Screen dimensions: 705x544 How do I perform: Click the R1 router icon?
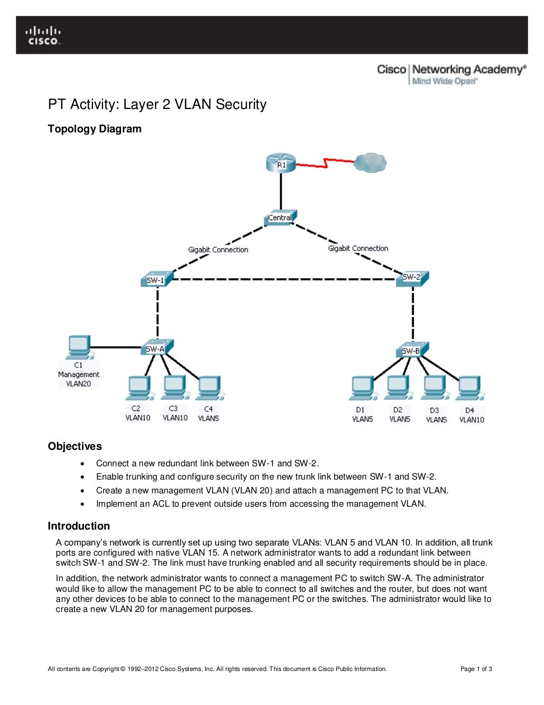coord(280,163)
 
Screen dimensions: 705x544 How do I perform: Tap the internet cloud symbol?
coord(370,163)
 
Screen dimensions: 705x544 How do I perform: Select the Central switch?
coord(280,217)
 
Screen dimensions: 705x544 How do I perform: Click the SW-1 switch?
coord(156,280)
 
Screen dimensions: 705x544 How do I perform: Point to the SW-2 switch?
coord(412,278)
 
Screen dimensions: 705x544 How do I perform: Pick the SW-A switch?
coord(156,348)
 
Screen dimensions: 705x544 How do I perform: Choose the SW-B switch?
coord(412,350)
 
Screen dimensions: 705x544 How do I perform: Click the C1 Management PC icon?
coord(79,347)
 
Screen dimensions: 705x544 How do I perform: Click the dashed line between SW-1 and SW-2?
coord(282,279)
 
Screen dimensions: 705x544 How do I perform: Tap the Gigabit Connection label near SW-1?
coord(218,249)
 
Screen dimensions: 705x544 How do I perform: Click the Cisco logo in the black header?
coord(44,35)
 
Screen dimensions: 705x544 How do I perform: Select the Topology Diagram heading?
coord(95,129)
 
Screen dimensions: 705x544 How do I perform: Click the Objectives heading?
coord(75,446)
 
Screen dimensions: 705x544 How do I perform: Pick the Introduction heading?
coord(79,526)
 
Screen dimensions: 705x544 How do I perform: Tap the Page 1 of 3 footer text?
coord(476,669)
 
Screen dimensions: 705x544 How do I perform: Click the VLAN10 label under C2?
coord(138,418)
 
